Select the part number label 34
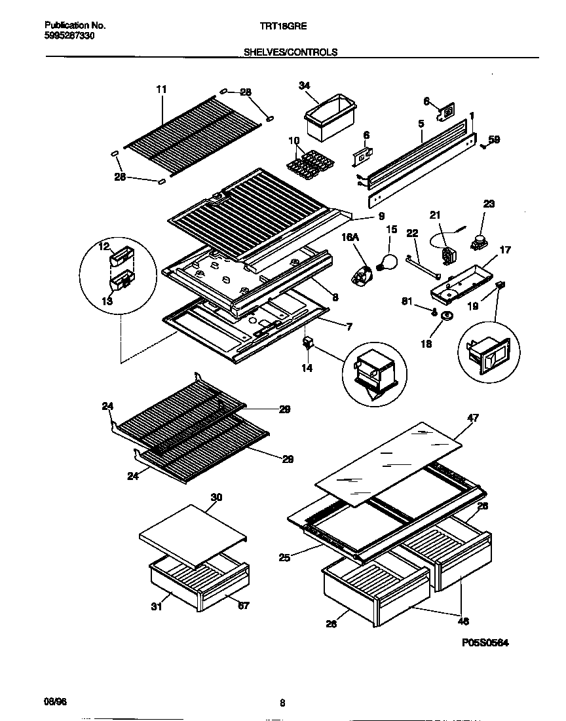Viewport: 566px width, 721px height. point(304,85)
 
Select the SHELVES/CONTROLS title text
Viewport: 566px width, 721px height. point(290,52)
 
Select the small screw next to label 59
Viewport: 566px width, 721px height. point(483,145)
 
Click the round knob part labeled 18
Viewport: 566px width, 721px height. point(448,317)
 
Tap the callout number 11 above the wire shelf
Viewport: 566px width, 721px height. point(161,88)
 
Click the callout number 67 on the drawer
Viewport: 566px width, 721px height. point(243,606)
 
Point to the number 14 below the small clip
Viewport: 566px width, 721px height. point(307,368)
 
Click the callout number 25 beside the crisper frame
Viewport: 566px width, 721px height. point(284,557)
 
